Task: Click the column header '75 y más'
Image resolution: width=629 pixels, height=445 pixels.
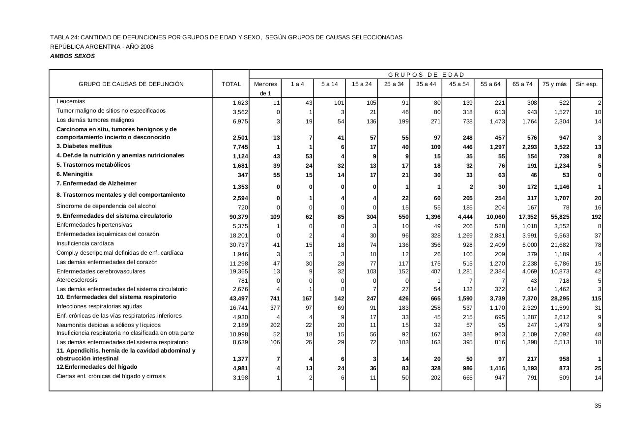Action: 554,84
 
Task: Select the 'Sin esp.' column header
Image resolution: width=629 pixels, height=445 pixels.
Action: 586,84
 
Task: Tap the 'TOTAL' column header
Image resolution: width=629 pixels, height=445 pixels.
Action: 231,84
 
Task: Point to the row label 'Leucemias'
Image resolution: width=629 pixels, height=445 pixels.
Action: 71,101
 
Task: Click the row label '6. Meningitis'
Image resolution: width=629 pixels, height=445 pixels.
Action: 74,174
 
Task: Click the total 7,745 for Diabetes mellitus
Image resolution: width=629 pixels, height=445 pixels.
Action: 240,147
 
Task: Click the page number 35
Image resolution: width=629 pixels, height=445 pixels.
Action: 598,406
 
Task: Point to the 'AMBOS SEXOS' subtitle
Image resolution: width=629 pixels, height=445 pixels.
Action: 72,56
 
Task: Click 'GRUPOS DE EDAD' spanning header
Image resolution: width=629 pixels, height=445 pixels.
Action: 426,74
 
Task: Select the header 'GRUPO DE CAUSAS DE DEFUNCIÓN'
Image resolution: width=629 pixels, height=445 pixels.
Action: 131,84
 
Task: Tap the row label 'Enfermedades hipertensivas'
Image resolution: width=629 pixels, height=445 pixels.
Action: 94,225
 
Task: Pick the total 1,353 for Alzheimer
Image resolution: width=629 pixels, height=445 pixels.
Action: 240,187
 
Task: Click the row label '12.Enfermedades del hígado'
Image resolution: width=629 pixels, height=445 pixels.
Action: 97,367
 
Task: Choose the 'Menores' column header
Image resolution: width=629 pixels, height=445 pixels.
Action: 265,84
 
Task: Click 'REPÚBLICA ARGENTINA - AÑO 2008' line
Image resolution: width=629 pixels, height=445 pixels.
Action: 102,47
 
